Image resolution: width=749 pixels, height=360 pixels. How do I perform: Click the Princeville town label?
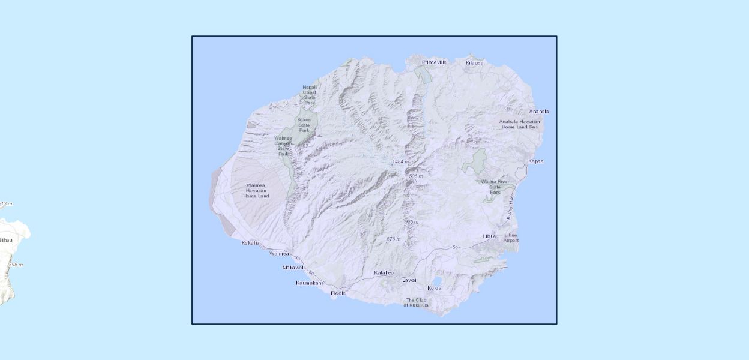pyautogui.click(x=434, y=62)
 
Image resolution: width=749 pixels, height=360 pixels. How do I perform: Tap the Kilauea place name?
pyautogui.click(x=474, y=62)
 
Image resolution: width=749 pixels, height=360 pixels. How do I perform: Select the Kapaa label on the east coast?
pyautogui.click(x=535, y=161)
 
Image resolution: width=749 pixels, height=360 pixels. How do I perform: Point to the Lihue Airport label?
pyautogui.click(x=511, y=238)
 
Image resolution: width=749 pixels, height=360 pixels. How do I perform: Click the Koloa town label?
pyautogui.click(x=434, y=288)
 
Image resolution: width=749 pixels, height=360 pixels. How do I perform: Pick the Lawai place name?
pyautogui.click(x=409, y=280)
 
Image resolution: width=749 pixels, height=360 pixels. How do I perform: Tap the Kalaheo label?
pyautogui.click(x=384, y=273)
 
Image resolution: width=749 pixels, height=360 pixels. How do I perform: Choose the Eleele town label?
pyautogui.click(x=338, y=293)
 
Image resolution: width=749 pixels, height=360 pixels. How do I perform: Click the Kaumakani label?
pyautogui.click(x=309, y=283)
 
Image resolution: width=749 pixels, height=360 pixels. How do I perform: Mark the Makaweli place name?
pyautogui.click(x=293, y=268)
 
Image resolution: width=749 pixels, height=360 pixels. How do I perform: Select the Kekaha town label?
pyautogui.click(x=250, y=243)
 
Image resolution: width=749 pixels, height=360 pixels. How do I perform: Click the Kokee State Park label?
pyautogui.click(x=304, y=125)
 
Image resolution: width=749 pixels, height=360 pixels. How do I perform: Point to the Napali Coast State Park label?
pyautogui.click(x=309, y=95)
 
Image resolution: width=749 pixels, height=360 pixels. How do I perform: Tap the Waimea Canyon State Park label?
pyautogui.click(x=283, y=146)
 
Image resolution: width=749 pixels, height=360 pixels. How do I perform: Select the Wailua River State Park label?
pyautogui.click(x=495, y=187)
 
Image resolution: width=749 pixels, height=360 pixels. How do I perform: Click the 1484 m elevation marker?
pyautogui.click(x=400, y=162)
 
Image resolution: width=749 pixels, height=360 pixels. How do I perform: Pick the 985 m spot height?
pyautogui.click(x=411, y=222)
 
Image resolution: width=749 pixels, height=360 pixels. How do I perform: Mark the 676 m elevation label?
pyautogui.click(x=393, y=239)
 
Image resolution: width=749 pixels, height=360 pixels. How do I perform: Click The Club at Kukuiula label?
pyautogui.click(x=417, y=302)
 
